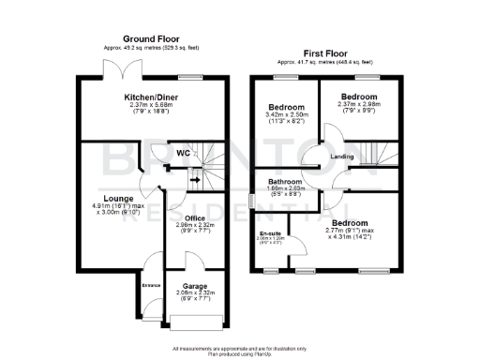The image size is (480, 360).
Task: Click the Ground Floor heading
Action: (x=140, y=39)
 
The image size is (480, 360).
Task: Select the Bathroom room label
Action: (x=285, y=181)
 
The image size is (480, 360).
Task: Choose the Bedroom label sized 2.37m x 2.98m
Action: (x=358, y=97)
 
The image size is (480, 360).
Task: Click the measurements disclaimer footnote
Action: (x=240, y=344)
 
